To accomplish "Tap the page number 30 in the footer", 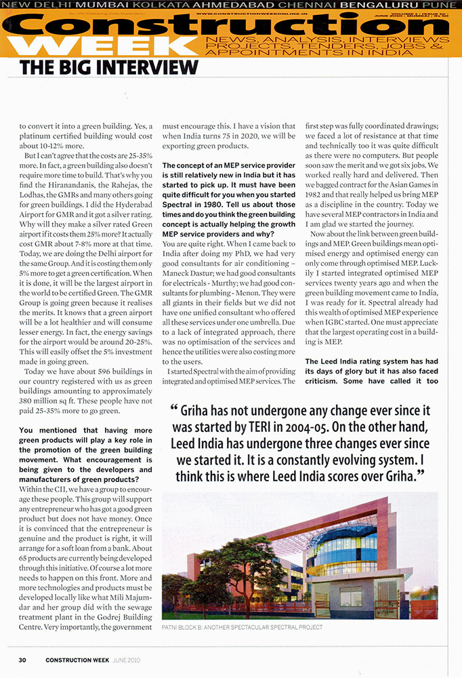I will [22, 660].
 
